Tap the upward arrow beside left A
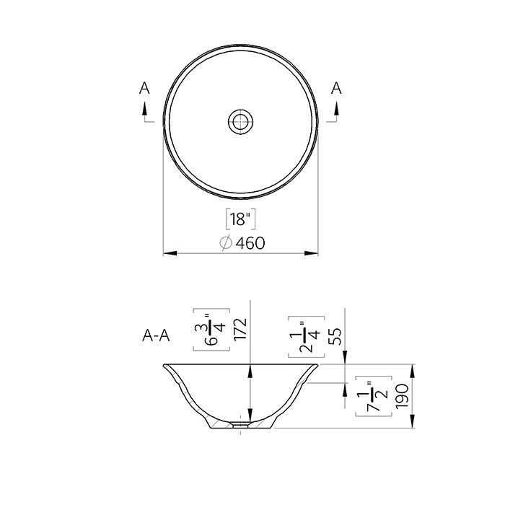point(144,108)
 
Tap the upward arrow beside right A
point(335,108)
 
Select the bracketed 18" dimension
point(239,219)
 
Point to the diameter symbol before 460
point(225,243)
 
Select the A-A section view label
point(156,335)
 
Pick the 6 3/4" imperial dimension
point(211,329)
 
